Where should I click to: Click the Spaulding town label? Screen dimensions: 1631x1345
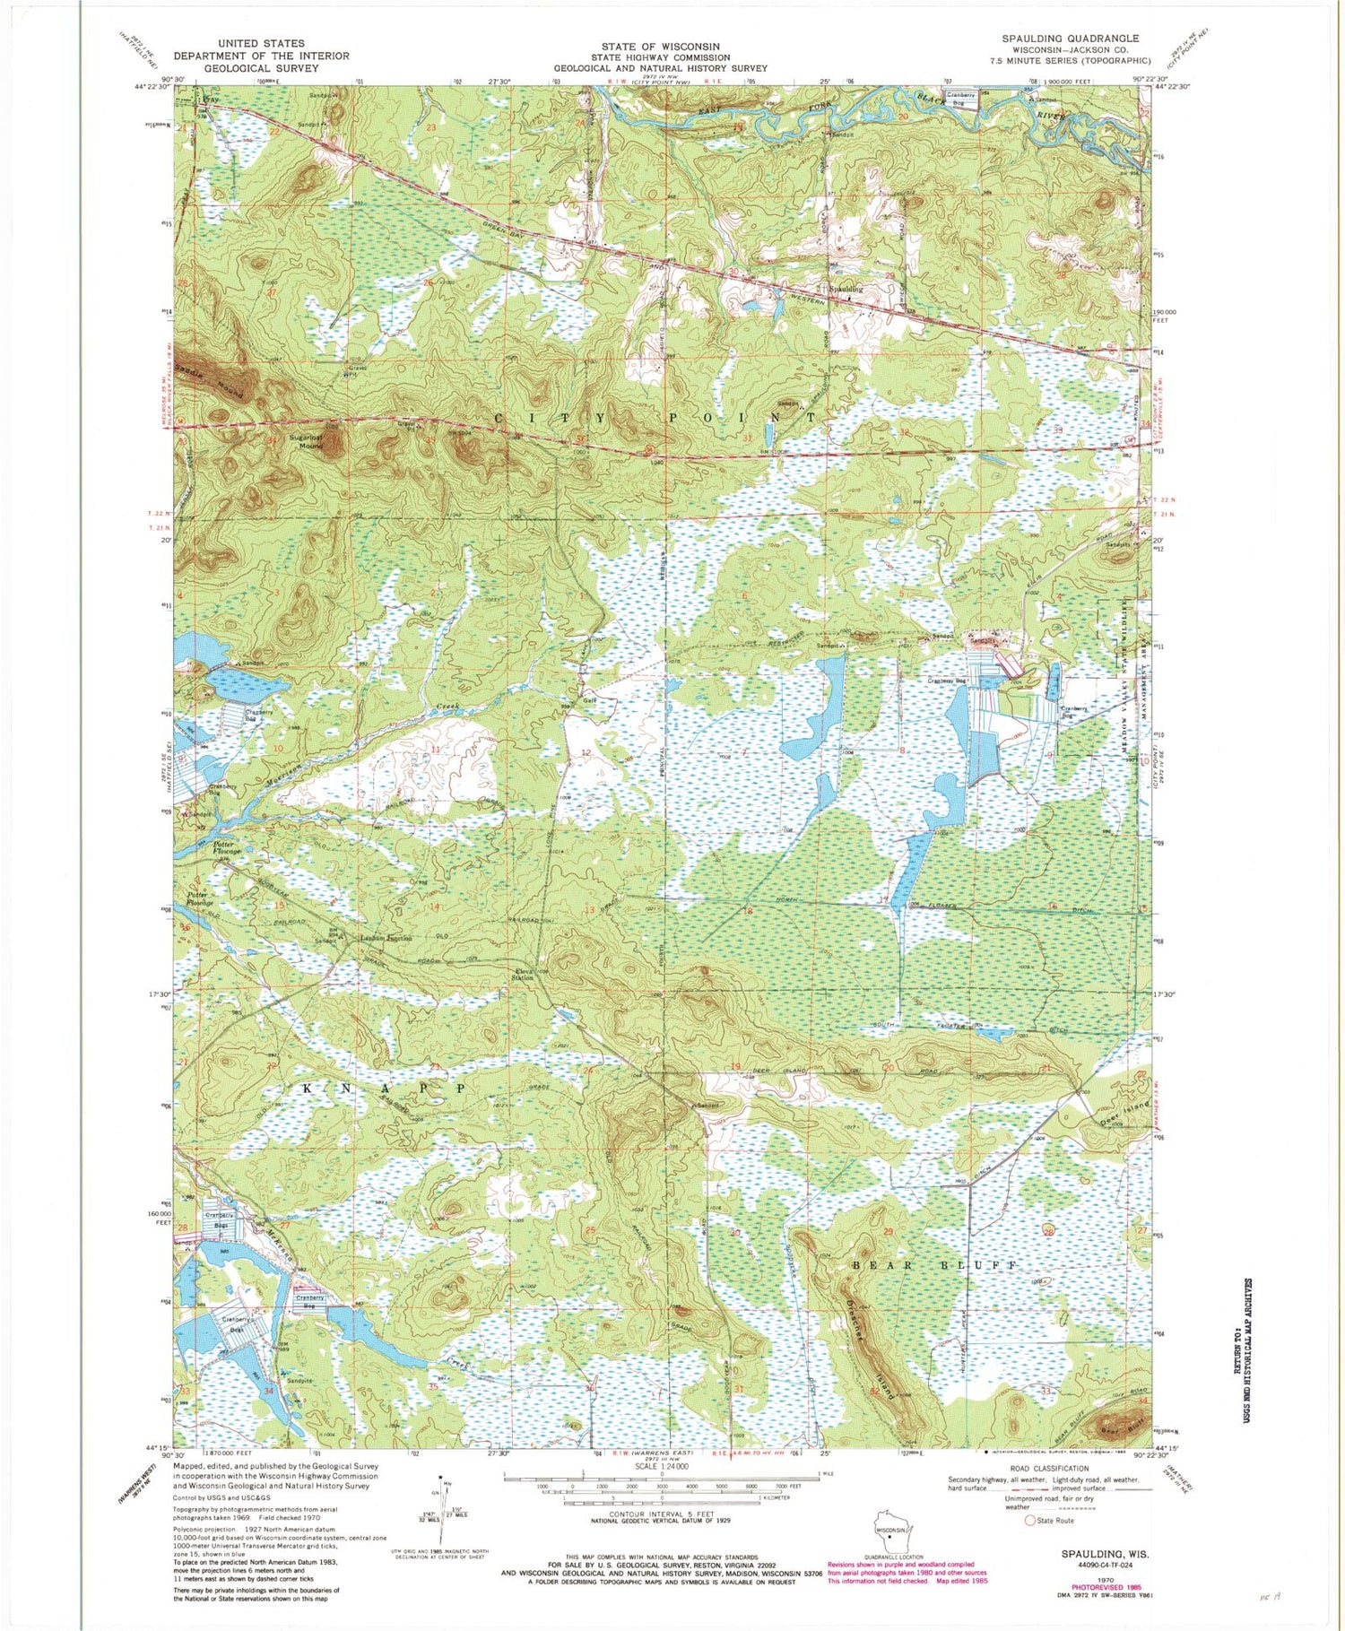844,290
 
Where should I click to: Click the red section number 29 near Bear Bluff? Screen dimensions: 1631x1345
889,1233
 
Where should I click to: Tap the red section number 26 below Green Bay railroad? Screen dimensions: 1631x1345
428,283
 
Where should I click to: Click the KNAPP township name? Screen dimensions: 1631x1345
377,1087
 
